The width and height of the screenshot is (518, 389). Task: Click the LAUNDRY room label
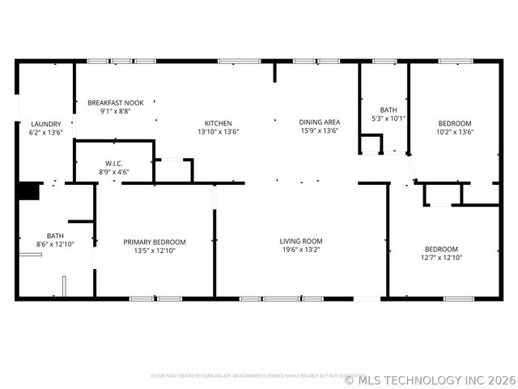tap(45, 124)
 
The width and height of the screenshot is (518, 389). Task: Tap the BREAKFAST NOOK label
tap(116, 103)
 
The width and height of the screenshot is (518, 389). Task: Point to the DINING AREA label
tap(319, 122)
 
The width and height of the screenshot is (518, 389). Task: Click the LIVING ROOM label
tap(301, 241)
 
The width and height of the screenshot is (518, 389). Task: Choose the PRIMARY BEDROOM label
tap(155, 242)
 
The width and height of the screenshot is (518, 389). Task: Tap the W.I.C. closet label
tap(113, 164)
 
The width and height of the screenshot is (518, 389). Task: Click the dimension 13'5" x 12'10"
tap(155, 250)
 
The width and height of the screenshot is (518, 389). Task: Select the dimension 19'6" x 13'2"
tap(301, 250)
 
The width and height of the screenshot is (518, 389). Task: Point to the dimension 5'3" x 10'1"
tap(388, 118)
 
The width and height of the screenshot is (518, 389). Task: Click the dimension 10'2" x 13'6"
tap(455, 131)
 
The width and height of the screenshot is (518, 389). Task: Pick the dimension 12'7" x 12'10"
tap(441, 258)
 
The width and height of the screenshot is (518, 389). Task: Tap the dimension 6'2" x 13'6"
tap(45, 132)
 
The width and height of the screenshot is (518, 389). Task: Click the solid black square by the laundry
tap(29, 190)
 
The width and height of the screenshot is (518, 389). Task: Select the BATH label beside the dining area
tap(388, 110)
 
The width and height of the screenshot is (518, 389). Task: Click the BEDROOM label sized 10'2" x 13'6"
tap(455, 123)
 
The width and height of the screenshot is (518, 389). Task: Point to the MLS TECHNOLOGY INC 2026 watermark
tap(430, 379)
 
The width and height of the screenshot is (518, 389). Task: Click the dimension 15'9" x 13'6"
tap(319, 130)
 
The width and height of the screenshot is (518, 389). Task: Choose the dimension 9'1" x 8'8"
tap(116, 111)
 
